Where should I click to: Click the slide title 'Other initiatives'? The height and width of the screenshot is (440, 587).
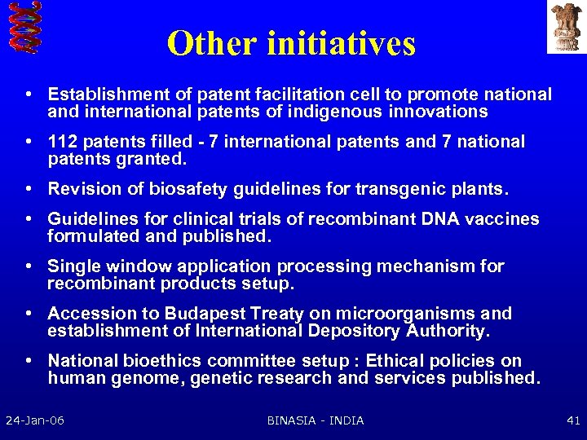click(291, 43)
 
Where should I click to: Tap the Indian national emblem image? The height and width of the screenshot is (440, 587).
click(565, 27)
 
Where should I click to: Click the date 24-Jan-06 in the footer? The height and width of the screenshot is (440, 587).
click(35, 420)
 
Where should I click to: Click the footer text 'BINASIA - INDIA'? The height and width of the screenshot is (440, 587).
click(316, 420)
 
